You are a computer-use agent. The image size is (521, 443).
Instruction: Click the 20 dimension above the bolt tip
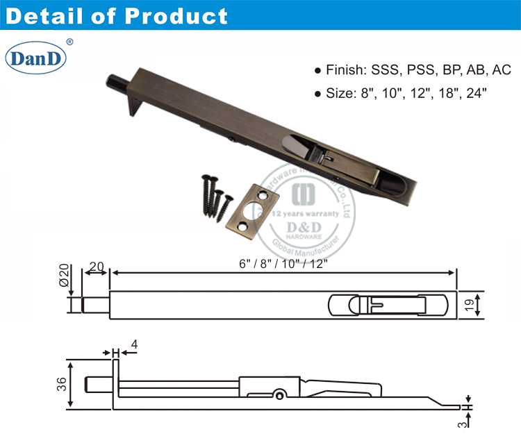pos(96,266)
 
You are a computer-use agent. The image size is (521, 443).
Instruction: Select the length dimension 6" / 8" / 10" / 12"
pos(284,264)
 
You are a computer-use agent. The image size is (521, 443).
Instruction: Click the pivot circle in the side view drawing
pos(279,395)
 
